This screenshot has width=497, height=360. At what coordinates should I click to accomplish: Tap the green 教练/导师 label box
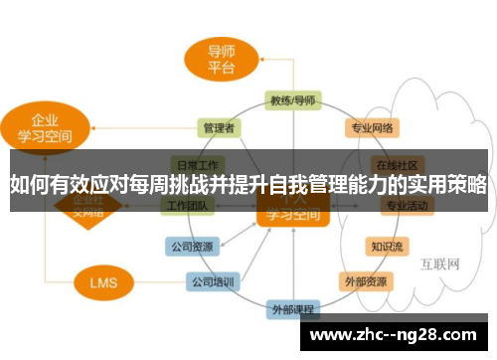[292, 100]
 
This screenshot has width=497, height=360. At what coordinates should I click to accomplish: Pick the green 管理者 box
[218, 127]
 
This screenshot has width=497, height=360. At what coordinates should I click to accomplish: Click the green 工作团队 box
[189, 206]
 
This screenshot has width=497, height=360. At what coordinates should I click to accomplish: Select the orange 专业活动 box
[406, 206]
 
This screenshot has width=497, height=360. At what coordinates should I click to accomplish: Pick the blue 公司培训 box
[213, 281]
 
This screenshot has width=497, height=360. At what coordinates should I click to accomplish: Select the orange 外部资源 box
[365, 281]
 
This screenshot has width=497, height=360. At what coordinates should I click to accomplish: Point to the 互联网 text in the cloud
[438, 265]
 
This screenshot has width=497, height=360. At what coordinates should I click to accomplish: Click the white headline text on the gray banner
[248, 183]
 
